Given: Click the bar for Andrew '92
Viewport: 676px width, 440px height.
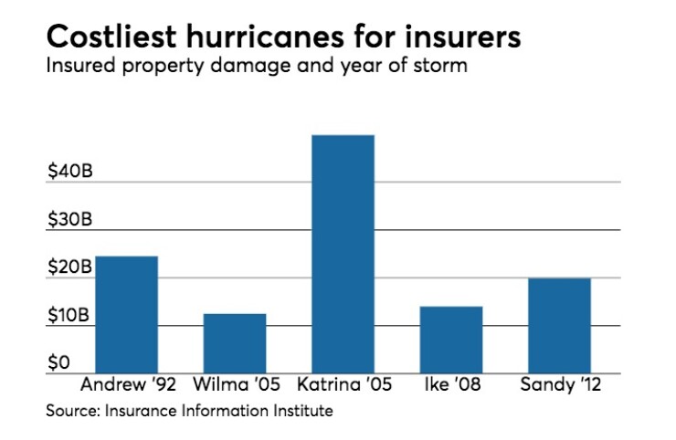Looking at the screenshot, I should (x=126, y=314).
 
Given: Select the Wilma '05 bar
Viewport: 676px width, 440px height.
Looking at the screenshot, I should (x=235, y=343).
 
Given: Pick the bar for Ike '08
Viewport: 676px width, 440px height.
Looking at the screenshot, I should (x=451, y=340).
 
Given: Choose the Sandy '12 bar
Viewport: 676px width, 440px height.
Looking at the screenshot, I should (x=559, y=325).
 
